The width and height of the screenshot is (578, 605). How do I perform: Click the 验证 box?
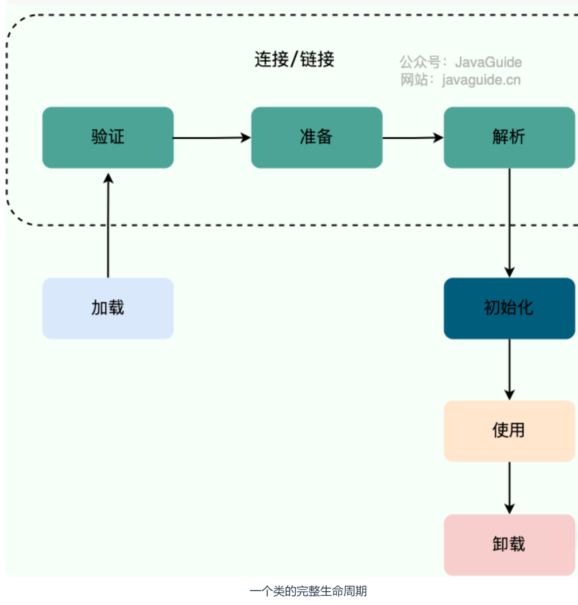pyautogui.click(x=108, y=138)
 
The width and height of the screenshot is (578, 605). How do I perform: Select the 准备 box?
pyautogui.click(x=317, y=138)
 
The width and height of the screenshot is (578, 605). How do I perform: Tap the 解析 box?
pyautogui.click(x=509, y=138)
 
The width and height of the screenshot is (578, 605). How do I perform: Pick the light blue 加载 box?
pyautogui.click(x=108, y=308)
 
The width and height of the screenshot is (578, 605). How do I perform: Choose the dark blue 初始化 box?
pyautogui.click(x=509, y=308)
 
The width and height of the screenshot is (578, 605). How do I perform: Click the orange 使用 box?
pyautogui.click(x=509, y=431)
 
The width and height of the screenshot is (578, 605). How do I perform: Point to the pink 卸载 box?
pyautogui.click(x=509, y=545)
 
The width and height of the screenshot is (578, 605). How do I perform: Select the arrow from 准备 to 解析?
pyautogui.click(x=413, y=138)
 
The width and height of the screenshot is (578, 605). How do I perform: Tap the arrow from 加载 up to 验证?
pyautogui.click(x=108, y=225)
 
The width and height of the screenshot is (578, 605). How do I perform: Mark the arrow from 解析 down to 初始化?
pyautogui.click(x=509, y=223)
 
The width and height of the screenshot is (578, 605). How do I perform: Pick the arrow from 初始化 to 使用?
pyautogui.click(x=509, y=369)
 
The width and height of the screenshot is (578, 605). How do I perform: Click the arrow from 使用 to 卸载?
pyautogui.click(x=509, y=488)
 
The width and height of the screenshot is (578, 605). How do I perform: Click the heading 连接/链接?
pyautogui.click(x=294, y=59)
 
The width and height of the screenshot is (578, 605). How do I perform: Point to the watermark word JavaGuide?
pyautogui.click(x=488, y=62)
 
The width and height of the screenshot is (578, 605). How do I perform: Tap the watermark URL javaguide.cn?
pyautogui.click(x=481, y=80)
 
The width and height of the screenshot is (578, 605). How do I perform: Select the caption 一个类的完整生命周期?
pyautogui.click(x=308, y=591)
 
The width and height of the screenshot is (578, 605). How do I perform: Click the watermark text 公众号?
pyautogui.click(x=420, y=62)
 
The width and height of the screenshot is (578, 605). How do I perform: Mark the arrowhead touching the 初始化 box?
pyautogui.click(x=509, y=272)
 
